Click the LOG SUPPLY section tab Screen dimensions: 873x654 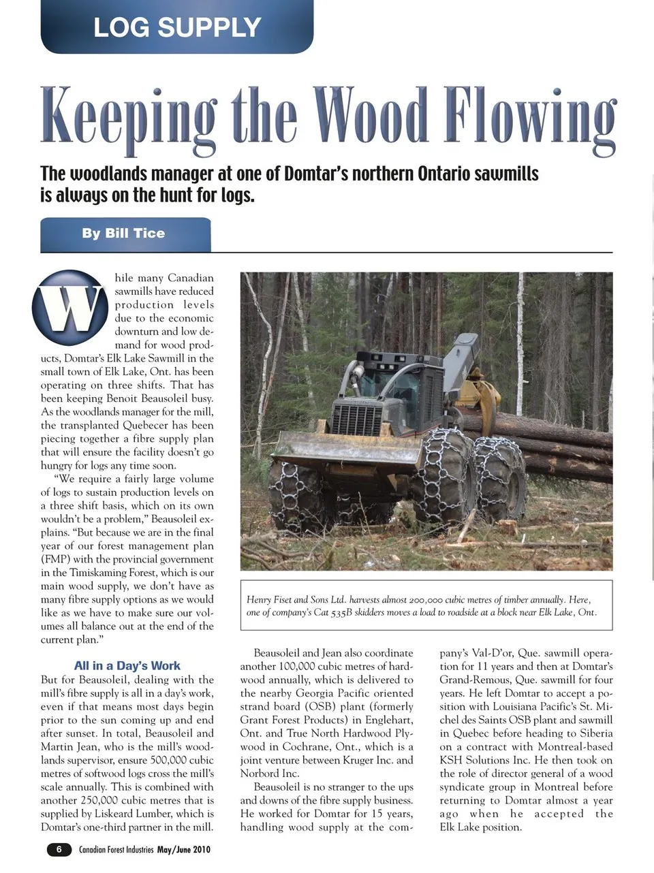click(177, 27)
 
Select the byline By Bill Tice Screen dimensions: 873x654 click(123, 234)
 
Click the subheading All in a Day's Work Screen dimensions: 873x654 click(127, 666)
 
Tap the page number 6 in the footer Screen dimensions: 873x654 click(59, 849)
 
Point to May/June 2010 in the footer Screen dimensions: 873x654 click(184, 850)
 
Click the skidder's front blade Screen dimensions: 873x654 click(347, 446)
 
